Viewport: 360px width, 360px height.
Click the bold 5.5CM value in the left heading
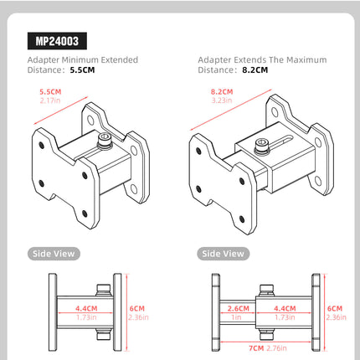coord(83,70)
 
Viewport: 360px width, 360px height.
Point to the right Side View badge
coord(223,253)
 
